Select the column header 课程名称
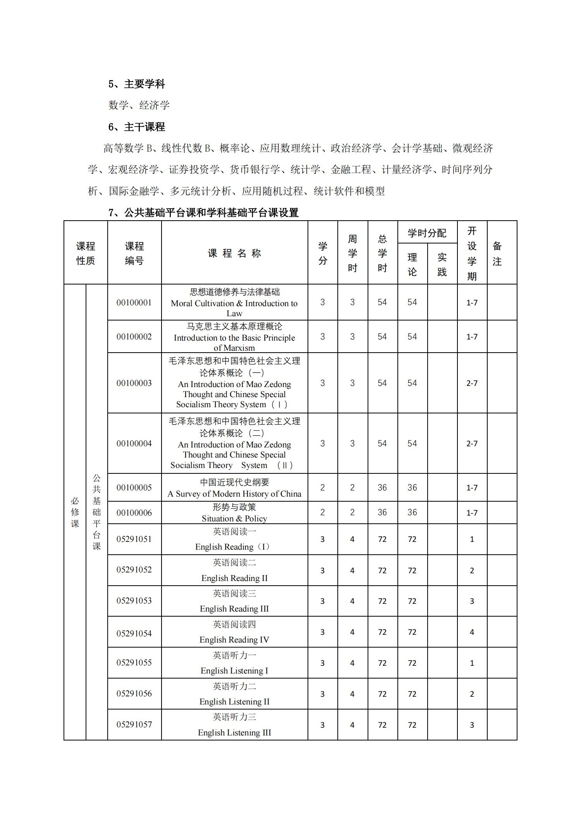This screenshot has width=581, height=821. click(234, 254)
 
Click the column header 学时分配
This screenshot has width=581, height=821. click(427, 233)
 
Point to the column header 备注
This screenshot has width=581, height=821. click(497, 254)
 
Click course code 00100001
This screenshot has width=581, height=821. click(134, 303)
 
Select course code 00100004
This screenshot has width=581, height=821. click(134, 444)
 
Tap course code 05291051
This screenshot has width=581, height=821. click(134, 539)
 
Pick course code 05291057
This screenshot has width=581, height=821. click(134, 725)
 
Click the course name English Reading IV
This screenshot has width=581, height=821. click(234, 640)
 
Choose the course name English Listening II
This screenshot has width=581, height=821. click(234, 702)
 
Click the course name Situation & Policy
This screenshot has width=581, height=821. click(234, 519)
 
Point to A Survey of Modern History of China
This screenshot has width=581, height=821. click(234, 494)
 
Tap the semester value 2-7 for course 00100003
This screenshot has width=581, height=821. click(472, 383)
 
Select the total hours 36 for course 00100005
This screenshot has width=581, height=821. click(382, 488)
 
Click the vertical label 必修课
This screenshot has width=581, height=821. click(75, 512)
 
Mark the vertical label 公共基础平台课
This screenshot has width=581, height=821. click(96, 512)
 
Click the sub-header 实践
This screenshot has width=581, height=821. click(442, 265)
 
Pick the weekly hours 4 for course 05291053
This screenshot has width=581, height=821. click(352, 601)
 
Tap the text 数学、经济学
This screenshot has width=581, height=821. click(139, 105)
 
